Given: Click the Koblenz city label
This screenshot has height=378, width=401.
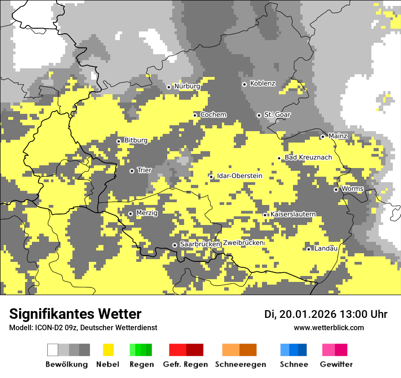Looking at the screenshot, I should pyautogui.click(x=262, y=84).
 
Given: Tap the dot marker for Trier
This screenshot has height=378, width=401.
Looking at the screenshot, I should pyautogui.click(x=132, y=171).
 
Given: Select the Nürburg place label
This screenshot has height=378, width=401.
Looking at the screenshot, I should pyautogui.click(x=187, y=86).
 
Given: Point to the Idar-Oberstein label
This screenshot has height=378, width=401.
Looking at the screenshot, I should pyautogui.click(x=239, y=176).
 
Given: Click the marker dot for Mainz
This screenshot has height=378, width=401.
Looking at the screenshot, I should pyautogui.click(x=323, y=137).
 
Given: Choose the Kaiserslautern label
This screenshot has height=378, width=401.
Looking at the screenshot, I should pyautogui.click(x=293, y=214).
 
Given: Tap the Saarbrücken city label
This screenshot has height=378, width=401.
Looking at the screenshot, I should pyautogui.click(x=200, y=244).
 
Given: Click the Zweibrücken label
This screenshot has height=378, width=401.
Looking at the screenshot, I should pyautogui.click(x=243, y=243).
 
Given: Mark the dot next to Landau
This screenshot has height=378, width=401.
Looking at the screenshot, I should pyautogui.click(x=308, y=249).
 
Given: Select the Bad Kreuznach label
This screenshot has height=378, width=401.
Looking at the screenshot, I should pyautogui.click(x=308, y=158).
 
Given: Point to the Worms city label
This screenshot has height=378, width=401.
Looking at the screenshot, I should pyautogui.click(x=352, y=189).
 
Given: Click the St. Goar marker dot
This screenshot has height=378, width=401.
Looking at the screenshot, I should pyautogui.click(x=259, y=115).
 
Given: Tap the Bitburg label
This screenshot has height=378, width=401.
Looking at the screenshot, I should pyautogui.click(x=136, y=140).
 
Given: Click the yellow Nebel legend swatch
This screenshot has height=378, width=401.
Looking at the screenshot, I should pyautogui.click(x=108, y=350).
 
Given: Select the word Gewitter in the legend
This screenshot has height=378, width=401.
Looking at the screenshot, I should pyautogui.click(x=336, y=364).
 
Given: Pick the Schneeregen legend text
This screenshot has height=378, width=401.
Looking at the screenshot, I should pyautogui.click(x=240, y=364).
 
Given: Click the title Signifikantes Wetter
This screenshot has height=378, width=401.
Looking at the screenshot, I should pyautogui.click(x=75, y=314).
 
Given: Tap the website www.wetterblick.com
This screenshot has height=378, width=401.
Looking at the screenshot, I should pyautogui.click(x=329, y=327).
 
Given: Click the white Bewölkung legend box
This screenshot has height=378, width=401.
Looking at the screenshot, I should pyautogui.click(x=53, y=350).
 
